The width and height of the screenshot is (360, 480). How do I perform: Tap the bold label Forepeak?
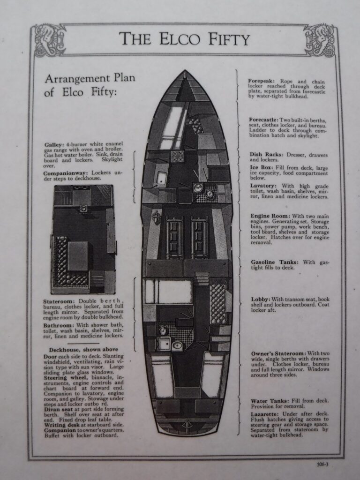[x=263, y=81]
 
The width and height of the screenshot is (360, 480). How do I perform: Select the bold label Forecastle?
[x=264, y=120]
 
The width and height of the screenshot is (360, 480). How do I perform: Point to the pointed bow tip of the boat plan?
[x=185, y=72]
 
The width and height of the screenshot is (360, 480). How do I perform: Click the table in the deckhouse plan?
[x=78, y=256]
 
